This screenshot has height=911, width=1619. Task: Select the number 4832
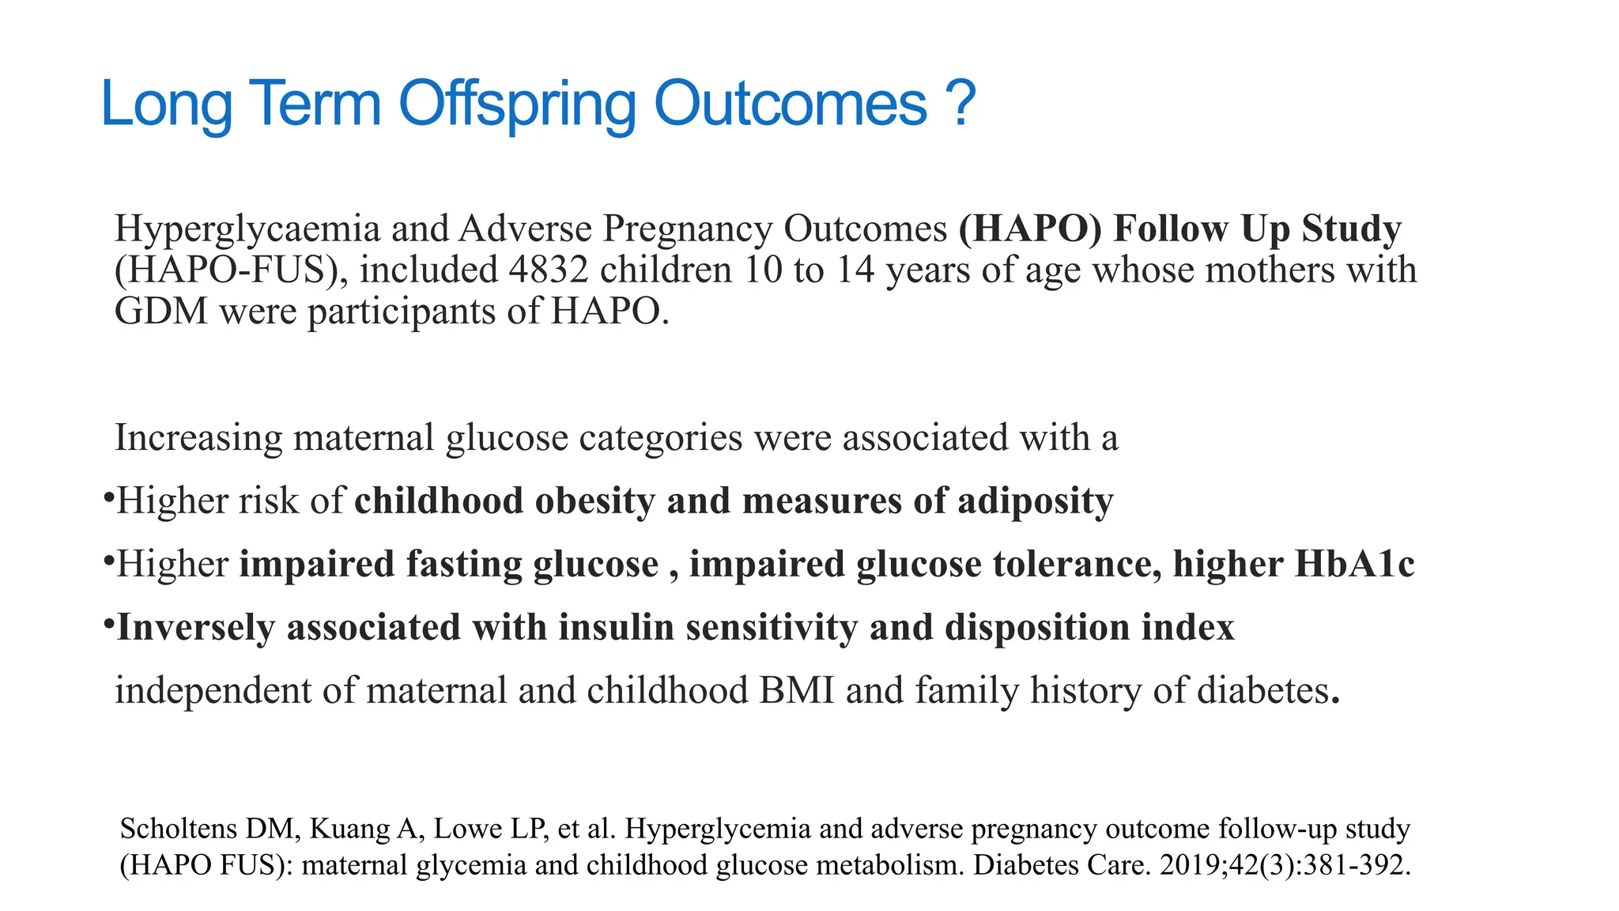click(549, 270)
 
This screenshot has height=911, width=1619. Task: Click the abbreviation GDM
click(161, 311)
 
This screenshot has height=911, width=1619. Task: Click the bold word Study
click(1351, 229)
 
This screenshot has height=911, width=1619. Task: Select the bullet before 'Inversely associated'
click(108, 623)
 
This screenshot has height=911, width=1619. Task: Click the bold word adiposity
click(1036, 501)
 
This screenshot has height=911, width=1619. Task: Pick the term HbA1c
click(1354, 564)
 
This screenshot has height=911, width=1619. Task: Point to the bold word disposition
click(1037, 627)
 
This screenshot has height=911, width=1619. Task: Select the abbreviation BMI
click(796, 690)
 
